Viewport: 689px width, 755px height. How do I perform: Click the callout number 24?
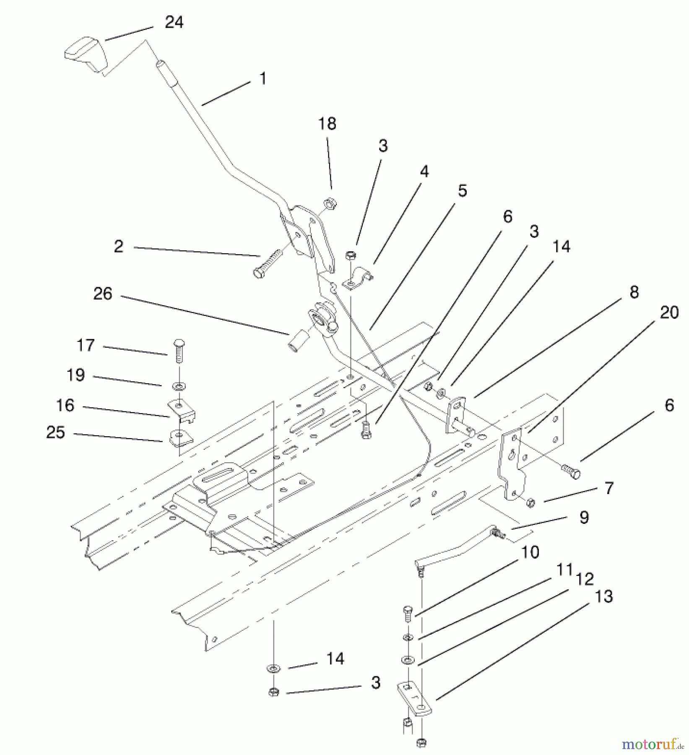(x=174, y=22)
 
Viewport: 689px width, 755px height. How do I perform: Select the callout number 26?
(x=103, y=294)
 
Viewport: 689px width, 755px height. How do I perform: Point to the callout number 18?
(x=327, y=124)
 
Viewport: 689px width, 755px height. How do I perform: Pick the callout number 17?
(x=86, y=345)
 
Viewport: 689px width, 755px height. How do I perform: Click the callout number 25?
(x=56, y=432)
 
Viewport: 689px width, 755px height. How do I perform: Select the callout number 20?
(x=669, y=312)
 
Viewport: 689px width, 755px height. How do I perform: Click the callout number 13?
(x=604, y=596)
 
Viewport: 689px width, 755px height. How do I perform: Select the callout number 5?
(x=462, y=191)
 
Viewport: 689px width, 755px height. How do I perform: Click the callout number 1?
(x=263, y=78)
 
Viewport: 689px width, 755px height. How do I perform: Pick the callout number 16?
(x=65, y=406)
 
